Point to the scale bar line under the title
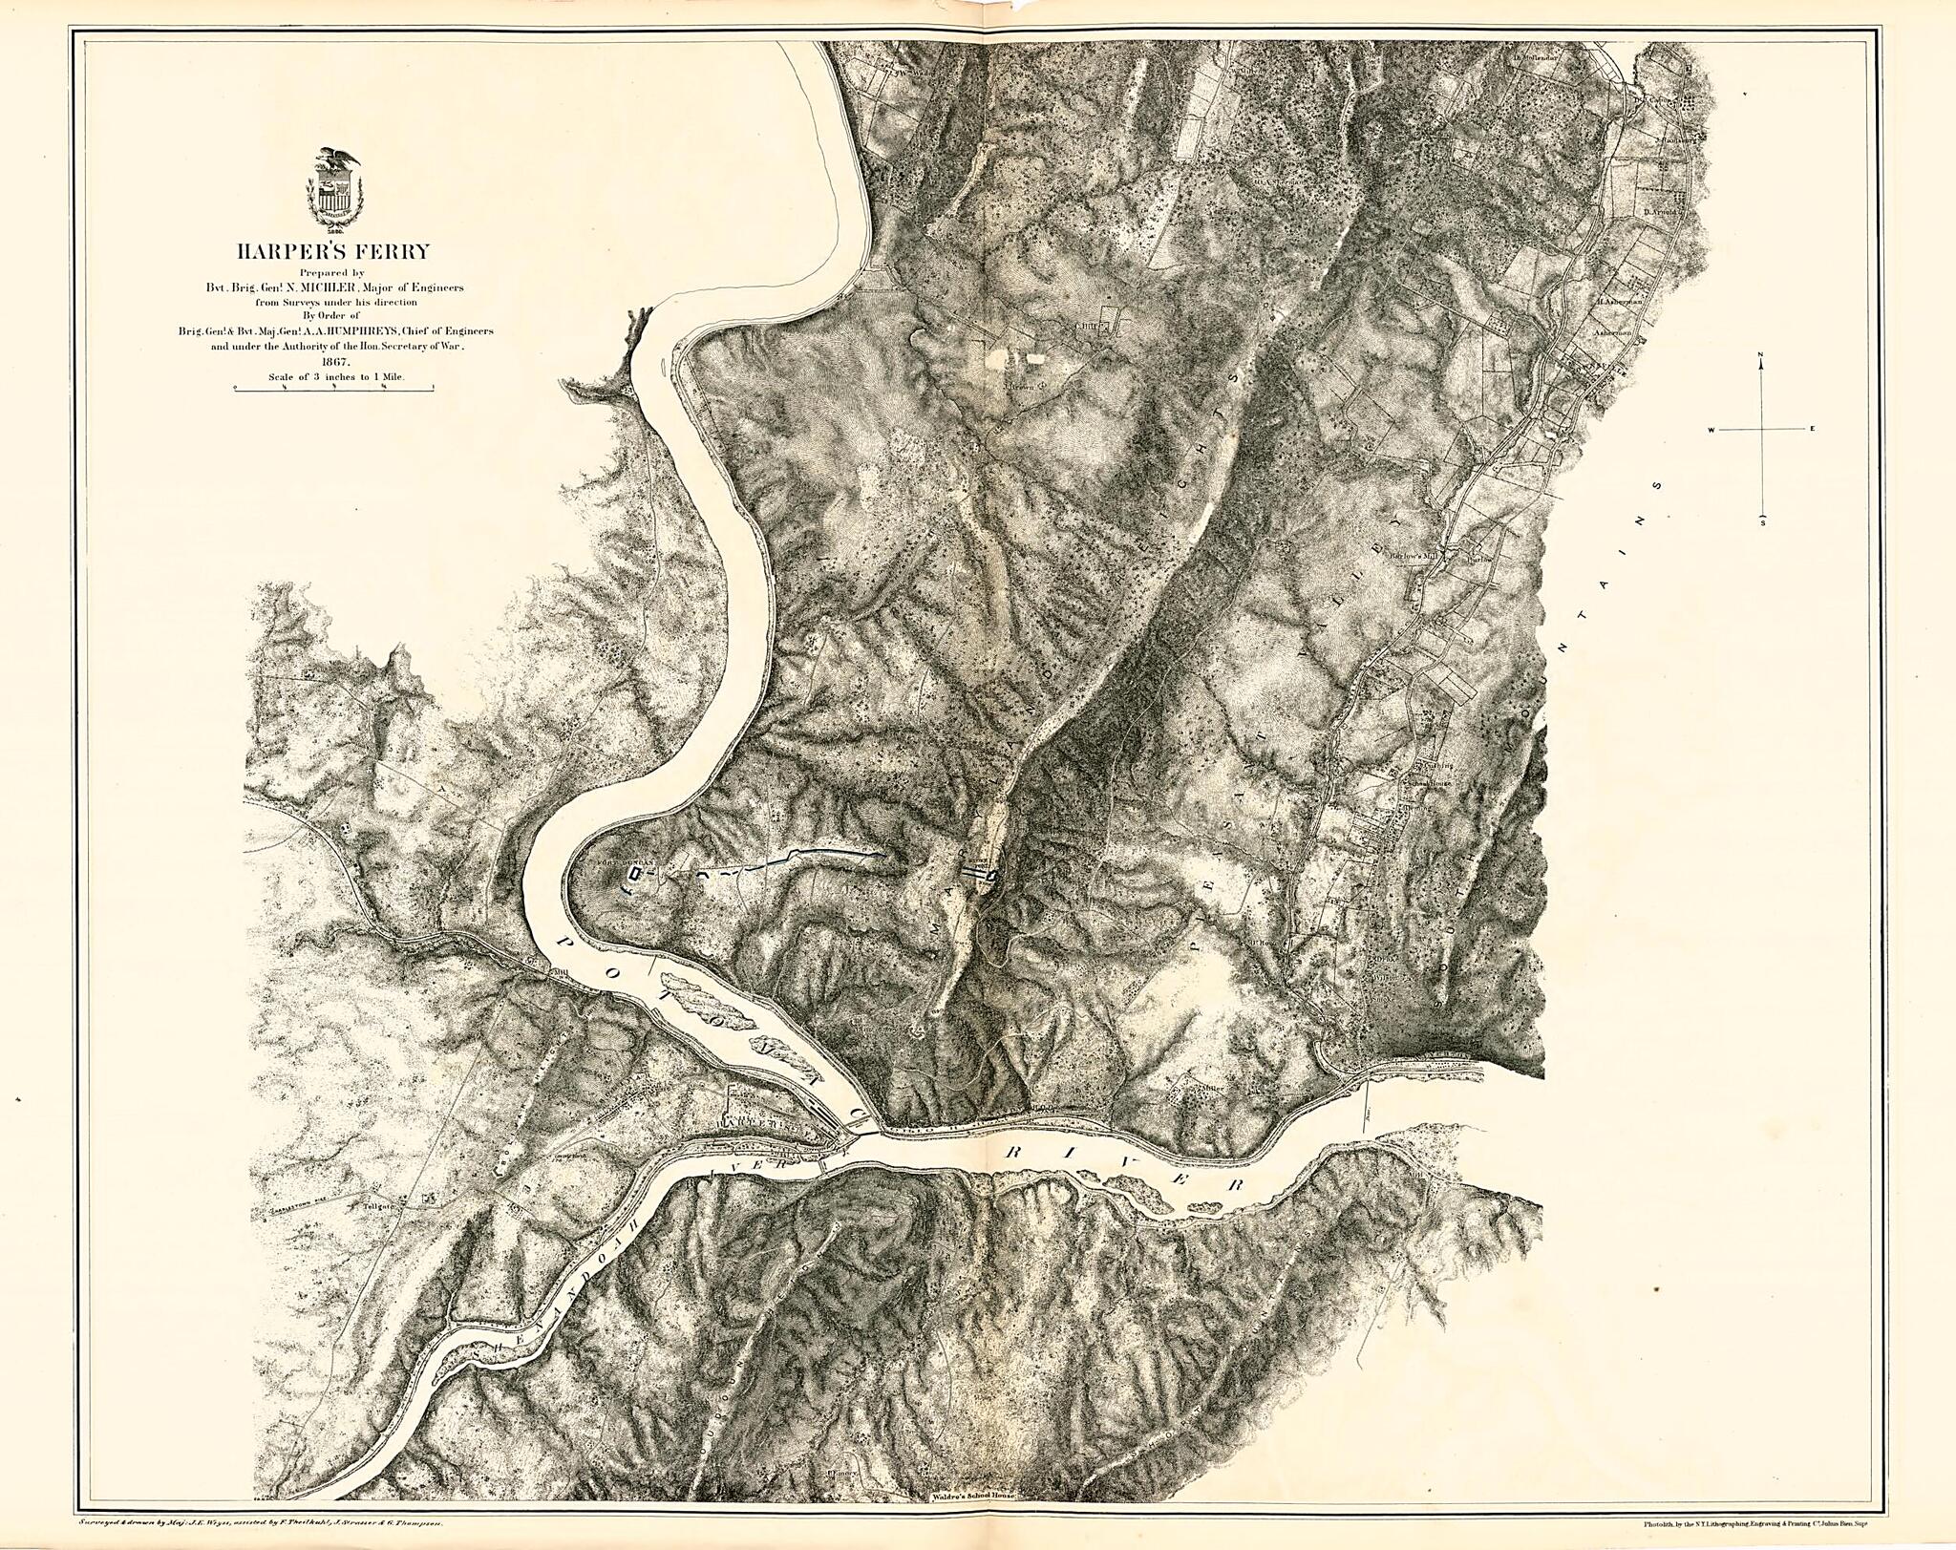click(333, 387)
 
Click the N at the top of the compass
click(1760, 355)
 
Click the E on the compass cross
click(1811, 430)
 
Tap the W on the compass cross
click(1712, 430)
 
